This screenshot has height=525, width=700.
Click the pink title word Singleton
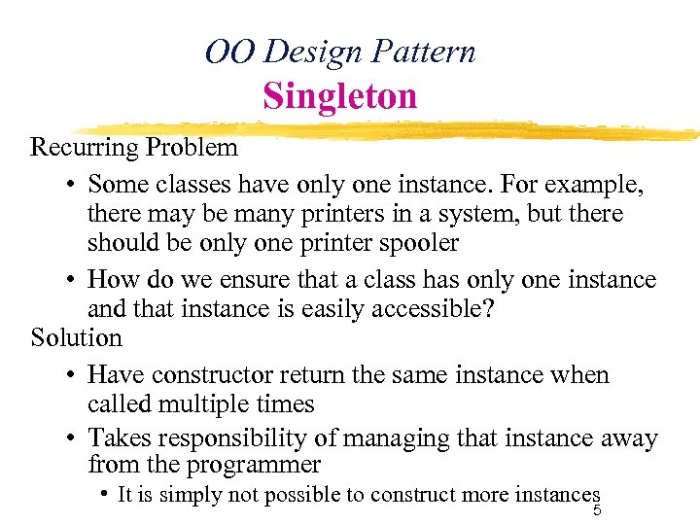[339, 96]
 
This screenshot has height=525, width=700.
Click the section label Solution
[76, 338]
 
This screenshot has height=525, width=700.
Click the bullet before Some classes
[73, 185]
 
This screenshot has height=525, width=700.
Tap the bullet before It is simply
[103, 494]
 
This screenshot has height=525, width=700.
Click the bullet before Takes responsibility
[73, 439]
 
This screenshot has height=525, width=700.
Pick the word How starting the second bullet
[109, 280]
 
